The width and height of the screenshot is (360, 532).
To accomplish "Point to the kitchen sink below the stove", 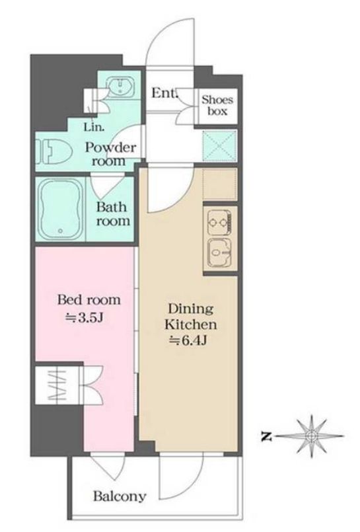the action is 220,251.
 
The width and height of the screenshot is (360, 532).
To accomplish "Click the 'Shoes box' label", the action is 217,106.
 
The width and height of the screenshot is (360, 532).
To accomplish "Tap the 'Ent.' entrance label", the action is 164,93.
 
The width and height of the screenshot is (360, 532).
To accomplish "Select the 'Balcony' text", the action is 120,496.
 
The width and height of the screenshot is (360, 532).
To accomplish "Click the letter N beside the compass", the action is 267,436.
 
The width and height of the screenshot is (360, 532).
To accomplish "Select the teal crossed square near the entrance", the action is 220,147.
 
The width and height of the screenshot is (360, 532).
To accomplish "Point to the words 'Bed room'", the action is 89,300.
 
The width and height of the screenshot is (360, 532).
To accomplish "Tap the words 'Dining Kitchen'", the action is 190,317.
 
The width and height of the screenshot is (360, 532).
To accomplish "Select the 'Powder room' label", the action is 110,155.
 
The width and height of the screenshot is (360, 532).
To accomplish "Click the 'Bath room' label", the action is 113,213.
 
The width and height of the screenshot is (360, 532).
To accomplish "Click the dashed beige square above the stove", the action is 219,184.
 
